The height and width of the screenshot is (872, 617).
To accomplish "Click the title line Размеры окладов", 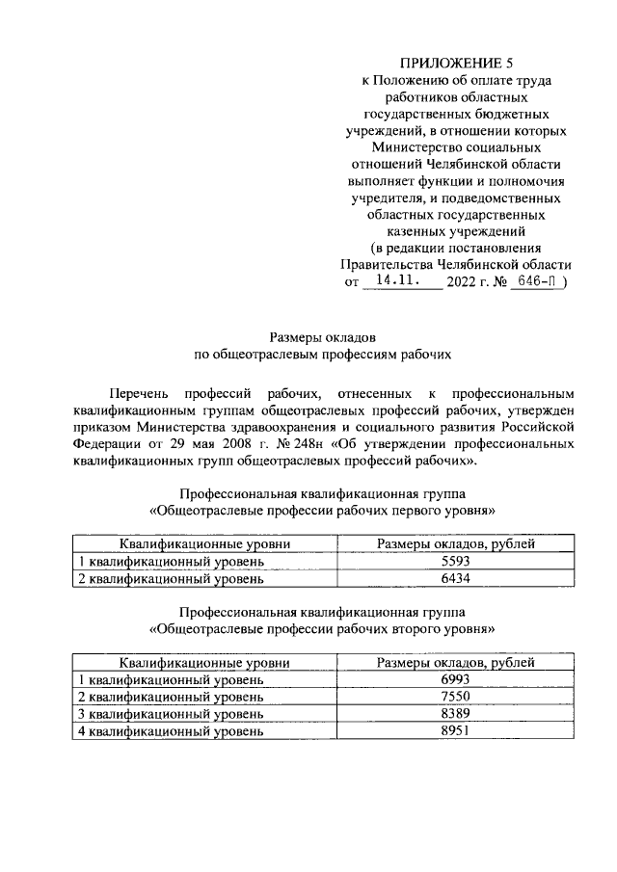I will [x=323, y=337].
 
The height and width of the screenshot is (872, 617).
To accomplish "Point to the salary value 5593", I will [x=456, y=562].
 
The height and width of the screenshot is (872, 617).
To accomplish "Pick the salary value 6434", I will [x=456, y=579].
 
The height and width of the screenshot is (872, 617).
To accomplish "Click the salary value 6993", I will [x=456, y=679].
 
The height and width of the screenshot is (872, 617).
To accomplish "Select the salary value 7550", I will [x=456, y=697].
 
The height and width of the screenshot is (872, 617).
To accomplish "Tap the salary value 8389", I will [x=456, y=714].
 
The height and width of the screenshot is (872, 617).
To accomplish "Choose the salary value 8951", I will [x=456, y=731].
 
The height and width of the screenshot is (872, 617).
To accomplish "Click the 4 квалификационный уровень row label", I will [x=171, y=731].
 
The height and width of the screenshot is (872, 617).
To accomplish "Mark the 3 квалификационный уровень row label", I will [x=171, y=714].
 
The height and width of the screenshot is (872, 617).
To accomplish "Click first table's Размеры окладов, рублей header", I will [x=456, y=544].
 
